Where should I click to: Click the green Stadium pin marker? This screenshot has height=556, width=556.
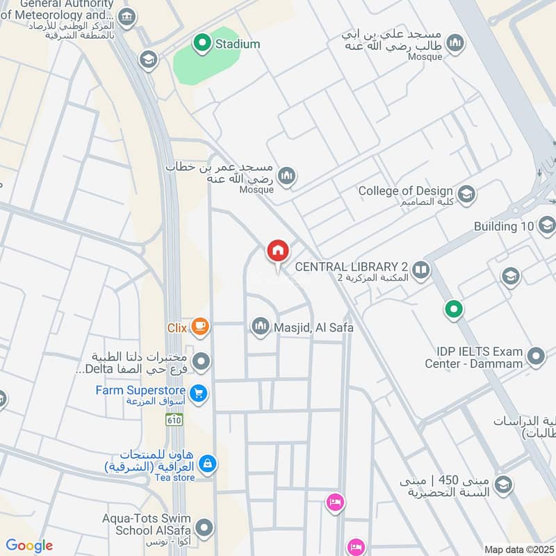(202, 44)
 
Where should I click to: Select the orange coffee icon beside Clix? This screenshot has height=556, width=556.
(199, 325)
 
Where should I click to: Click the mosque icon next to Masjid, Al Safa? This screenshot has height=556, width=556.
(260, 326)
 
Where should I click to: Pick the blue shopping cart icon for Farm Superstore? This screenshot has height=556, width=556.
(199, 393)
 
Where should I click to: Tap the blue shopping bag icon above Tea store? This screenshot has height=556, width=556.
(206, 462)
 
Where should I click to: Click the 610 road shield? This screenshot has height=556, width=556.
(174, 420)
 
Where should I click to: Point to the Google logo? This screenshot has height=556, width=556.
(29, 546)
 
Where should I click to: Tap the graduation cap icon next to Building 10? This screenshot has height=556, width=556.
(546, 225)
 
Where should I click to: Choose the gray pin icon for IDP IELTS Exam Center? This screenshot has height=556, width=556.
(535, 358)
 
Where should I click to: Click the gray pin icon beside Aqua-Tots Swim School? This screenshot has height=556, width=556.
(203, 526)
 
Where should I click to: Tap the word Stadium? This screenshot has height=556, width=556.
(238, 44)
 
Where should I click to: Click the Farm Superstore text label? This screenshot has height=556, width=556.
(142, 390)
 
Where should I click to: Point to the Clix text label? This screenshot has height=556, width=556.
(177, 326)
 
